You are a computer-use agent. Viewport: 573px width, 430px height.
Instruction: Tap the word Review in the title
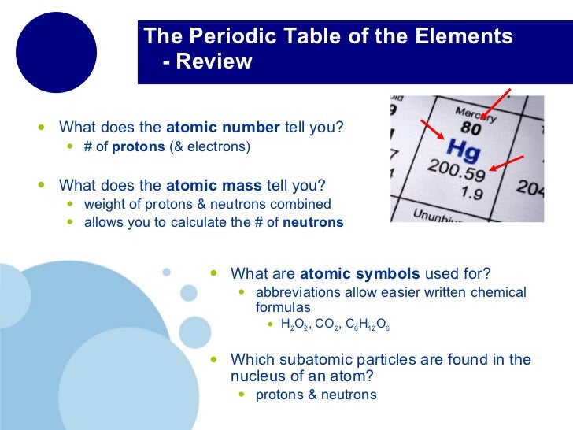tap(214, 61)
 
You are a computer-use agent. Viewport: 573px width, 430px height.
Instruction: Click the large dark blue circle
tap(56, 53)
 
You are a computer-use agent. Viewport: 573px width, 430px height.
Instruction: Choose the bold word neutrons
tap(312, 222)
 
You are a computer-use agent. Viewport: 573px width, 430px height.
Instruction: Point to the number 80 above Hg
tap(471, 128)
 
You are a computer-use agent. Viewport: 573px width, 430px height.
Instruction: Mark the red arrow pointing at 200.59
tap(508, 162)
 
